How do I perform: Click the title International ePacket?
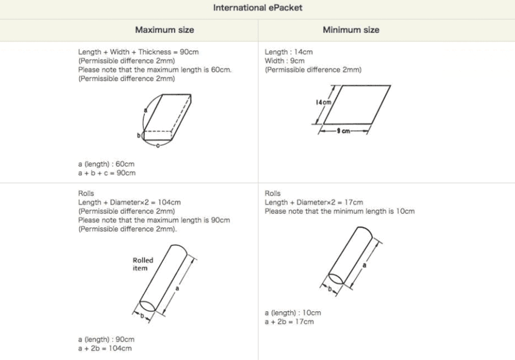point(257,8)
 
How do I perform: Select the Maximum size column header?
point(164,30)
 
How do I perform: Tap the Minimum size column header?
point(351,30)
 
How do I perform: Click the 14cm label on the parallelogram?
point(323,102)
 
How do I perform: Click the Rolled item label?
point(142,264)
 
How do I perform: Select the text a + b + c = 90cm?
point(107,173)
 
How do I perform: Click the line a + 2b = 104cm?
point(105,348)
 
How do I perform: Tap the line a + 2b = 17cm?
point(289,321)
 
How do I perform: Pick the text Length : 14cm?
point(289,52)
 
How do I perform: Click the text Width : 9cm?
point(284,61)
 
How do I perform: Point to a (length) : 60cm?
point(106,164)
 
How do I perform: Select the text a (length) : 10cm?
point(292,313)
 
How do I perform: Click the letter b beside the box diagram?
point(139,136)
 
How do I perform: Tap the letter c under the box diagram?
point(158,144)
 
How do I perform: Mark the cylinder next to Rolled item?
point(165,279)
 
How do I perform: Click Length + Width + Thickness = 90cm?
point(139,52)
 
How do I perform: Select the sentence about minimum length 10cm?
point(340,211)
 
